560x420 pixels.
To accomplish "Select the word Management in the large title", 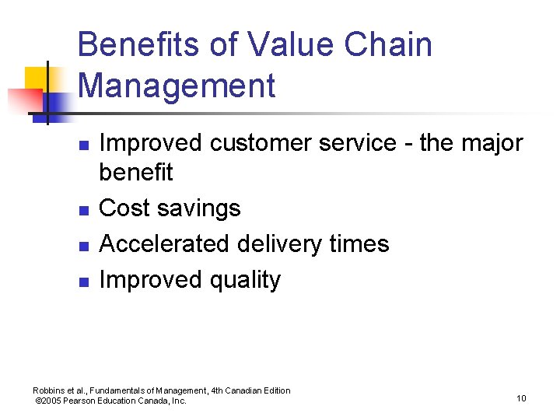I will tap(177, 86).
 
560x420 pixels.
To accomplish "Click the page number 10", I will tap(520, 398).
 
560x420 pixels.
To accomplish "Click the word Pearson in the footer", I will tap(85, 401).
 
